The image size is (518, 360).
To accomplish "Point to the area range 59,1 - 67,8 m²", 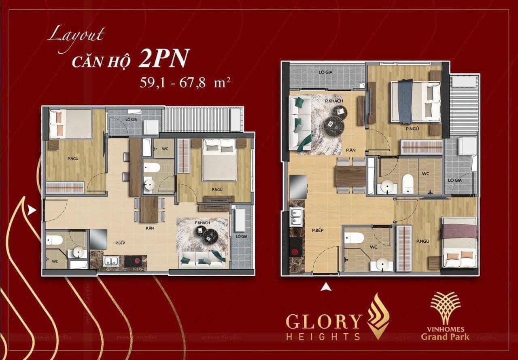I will [185, 83].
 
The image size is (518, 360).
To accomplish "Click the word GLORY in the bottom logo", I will [323, 322].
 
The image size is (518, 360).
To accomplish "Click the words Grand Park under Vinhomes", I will [445, 337].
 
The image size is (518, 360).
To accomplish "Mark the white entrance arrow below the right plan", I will [326, 288].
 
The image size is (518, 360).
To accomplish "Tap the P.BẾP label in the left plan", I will [119, 243].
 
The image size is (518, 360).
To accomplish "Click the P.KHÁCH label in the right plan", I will [334, 100].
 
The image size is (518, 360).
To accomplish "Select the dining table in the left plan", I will [149, 209].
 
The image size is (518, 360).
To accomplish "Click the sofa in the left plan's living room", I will [203, 260].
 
